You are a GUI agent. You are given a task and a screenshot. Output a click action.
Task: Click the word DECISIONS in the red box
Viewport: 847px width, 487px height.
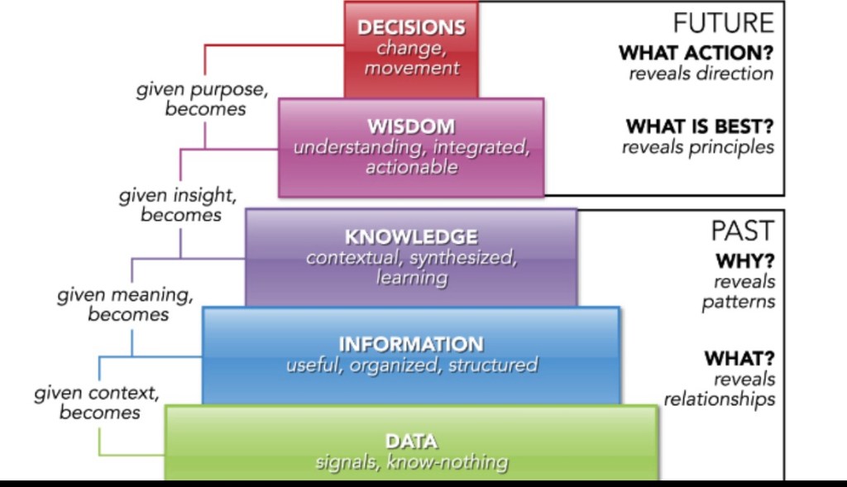[411, 27]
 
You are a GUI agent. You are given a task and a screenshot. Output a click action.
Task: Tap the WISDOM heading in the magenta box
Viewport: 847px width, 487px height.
[411, 127]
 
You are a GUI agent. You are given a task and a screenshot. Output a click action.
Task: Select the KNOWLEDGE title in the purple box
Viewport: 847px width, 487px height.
[411, 236]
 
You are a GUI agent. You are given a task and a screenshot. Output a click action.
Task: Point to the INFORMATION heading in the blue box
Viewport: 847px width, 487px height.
[411, 344]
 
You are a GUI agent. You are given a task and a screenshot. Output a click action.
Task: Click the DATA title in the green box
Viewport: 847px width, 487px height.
[411, 442]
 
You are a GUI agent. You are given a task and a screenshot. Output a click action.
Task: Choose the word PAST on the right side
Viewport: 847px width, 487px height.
[743, 231]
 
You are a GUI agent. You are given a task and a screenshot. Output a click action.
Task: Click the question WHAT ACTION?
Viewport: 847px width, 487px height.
[696, 53]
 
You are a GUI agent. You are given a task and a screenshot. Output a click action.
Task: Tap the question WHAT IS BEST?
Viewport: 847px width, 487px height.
[700, 127]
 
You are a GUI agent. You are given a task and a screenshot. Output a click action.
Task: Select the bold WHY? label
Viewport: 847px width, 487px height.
[745, 262]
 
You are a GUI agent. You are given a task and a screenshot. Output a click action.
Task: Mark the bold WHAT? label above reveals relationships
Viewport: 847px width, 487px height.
[739, 360]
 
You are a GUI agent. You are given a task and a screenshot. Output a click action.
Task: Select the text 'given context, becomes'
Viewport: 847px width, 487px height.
[97, 402]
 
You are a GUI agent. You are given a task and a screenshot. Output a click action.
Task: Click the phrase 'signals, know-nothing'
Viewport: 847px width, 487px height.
[411, 462]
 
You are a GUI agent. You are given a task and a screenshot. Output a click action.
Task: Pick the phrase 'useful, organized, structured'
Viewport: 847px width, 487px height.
[411, 365]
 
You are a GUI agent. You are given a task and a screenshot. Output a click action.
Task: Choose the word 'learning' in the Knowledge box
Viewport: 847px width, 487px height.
[411, 278]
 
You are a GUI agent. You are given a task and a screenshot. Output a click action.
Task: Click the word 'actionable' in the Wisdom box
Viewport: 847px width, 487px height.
[411, 168]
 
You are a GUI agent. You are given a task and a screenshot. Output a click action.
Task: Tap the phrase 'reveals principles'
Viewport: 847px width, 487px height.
[697, 147]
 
